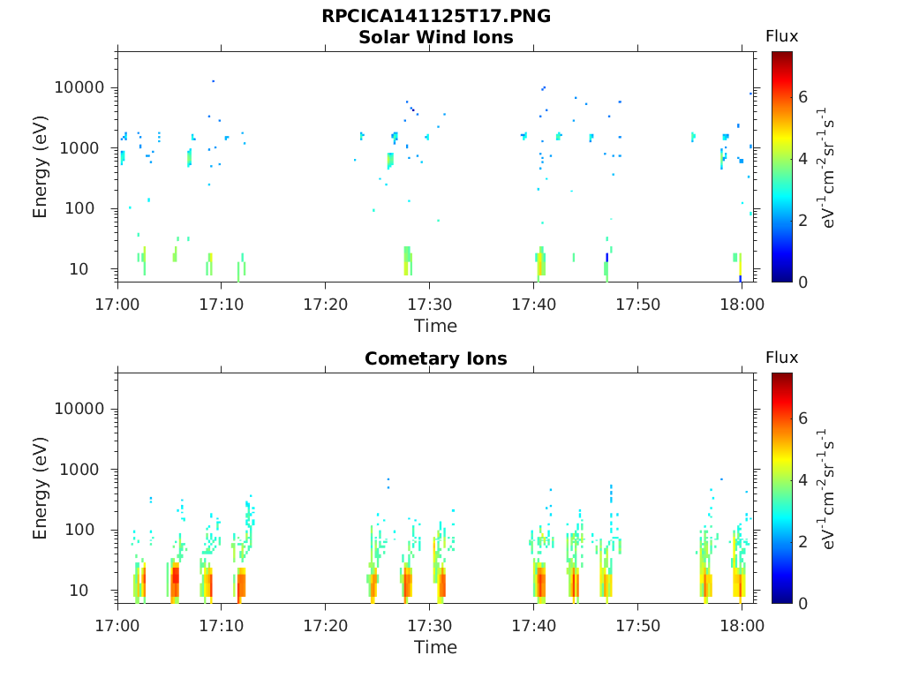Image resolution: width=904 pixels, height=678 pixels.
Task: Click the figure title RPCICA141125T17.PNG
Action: [435, 17]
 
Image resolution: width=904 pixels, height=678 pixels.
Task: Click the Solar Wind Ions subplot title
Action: [435, 37]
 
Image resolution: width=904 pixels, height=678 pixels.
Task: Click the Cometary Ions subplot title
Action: [435, 358]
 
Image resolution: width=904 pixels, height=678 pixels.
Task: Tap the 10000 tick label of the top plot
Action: [79, 87]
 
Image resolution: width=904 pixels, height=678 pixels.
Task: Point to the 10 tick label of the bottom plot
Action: [96, 590]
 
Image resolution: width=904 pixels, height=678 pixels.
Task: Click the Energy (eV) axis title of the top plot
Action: [41, 167]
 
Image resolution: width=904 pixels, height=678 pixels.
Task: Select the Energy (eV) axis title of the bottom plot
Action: [41, 488]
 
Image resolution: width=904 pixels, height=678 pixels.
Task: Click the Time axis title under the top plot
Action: [435, 326]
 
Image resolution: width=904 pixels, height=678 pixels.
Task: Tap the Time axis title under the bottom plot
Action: [435, 647]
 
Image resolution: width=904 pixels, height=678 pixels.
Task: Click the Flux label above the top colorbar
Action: [781, 36]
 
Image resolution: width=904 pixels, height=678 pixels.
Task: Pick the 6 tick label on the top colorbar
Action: [802, 97]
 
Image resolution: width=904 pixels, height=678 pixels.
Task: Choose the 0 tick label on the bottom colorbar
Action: [802, 603]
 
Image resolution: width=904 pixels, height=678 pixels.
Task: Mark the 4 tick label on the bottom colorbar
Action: [802, 480]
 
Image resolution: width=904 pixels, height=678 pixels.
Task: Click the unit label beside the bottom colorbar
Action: [829, 488]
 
